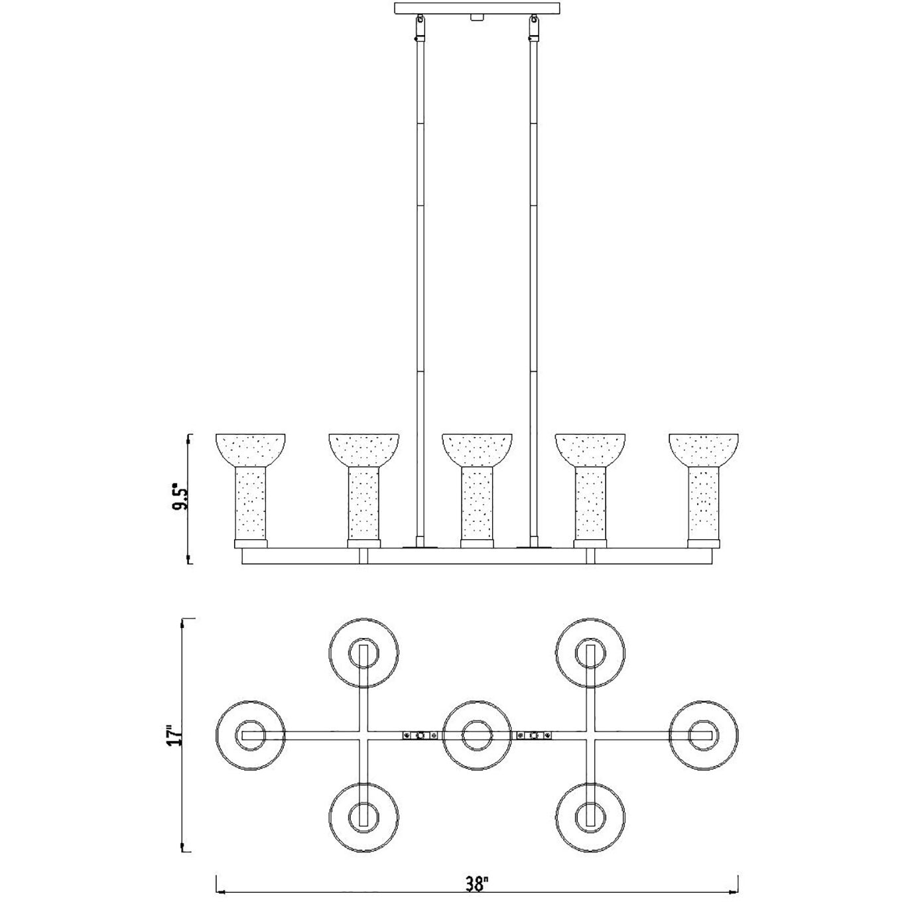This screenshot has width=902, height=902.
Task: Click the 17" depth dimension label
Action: pos(173,736)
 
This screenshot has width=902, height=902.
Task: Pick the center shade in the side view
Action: pos(477,487)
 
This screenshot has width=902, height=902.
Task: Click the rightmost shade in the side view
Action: pos(704,487)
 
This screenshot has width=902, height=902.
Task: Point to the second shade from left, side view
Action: pos(363,487)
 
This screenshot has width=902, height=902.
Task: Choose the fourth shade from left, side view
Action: pos(590,487)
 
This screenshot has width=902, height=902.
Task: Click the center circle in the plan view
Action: pos(477,735)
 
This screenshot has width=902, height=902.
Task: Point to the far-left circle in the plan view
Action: pos(251,735)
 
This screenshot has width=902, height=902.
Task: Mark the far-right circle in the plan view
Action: pos(703,735)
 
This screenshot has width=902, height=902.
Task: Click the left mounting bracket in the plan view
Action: pos(420,735)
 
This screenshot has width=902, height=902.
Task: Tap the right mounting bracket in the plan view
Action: pos(534,735)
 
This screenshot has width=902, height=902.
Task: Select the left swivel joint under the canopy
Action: pos(419,27)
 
